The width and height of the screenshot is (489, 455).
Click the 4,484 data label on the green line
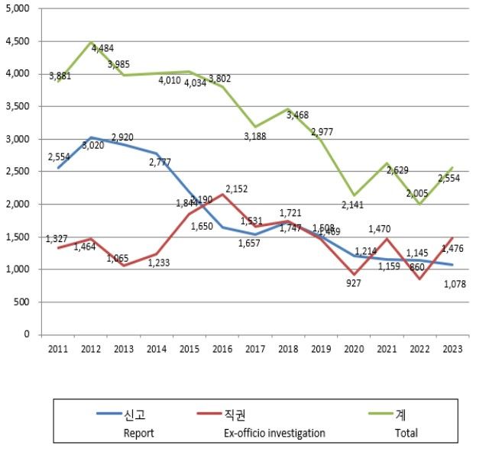(104, 48)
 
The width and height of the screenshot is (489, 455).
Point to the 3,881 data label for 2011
(60, 76)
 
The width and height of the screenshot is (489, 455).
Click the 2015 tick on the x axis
(189, 348)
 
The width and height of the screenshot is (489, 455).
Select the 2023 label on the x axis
(452, 348)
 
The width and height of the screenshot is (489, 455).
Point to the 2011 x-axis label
(58, 348)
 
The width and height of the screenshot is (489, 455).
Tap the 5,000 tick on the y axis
(18, 9)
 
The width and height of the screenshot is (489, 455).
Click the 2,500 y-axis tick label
(18, 172)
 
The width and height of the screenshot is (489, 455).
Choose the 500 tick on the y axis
(22, 302)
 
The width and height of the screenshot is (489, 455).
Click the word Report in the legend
(139, 433)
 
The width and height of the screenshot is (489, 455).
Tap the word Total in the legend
(406, 433)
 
